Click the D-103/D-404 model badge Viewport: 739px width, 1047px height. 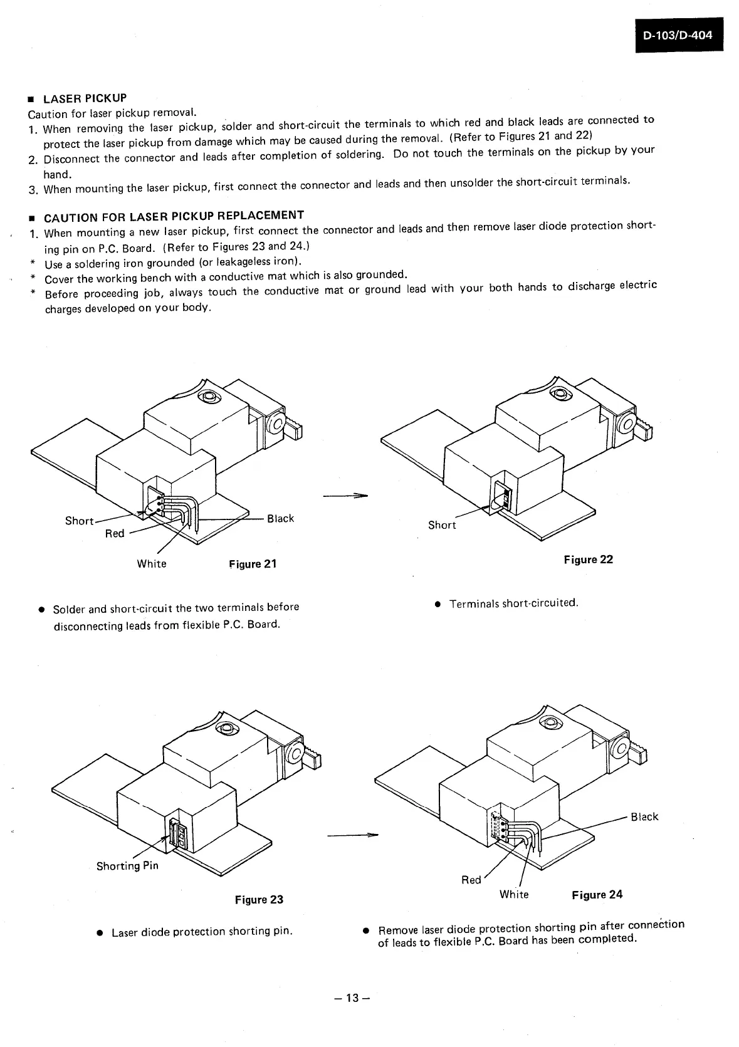coord(678,36)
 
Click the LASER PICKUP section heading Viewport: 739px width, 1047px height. coord(85,98)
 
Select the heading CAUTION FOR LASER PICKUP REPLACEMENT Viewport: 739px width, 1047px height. coord(174,217)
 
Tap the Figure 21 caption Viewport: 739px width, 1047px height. coord(253,564)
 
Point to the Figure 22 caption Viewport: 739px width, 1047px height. coord(588,560)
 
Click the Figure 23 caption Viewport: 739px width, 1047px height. coord(259,900)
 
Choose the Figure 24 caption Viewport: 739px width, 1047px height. coord(597,895)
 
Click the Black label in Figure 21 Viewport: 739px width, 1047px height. coord(280,519)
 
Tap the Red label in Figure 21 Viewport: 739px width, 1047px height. coord(115,534)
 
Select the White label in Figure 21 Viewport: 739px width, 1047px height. coord(152,564)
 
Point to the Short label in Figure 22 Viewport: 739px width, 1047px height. coord(442,525)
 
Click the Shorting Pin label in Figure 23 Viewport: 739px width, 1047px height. coord(127,866)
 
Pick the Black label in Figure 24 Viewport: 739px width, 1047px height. coord(644,817)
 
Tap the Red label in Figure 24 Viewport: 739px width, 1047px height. coord(471,880)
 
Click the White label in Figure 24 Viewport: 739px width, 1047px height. coord(514,895)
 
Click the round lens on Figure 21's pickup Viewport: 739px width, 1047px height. coord(207,398)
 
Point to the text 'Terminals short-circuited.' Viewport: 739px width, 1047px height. coord(513,603)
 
